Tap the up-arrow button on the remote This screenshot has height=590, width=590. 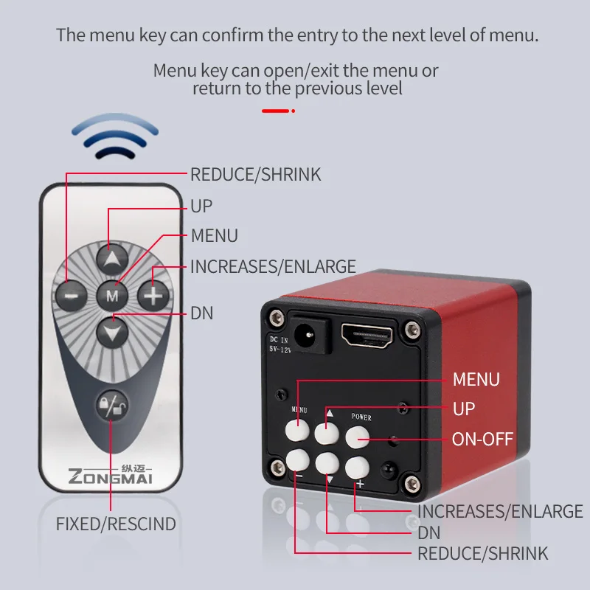112,260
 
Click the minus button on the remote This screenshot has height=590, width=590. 71,296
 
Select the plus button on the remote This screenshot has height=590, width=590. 153,296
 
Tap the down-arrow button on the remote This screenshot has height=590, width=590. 112,332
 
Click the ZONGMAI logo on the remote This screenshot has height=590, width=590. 110,475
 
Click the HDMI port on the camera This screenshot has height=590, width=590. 367,335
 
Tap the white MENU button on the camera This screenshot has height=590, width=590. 297,429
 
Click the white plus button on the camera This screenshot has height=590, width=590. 357,468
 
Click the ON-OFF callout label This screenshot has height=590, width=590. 482,439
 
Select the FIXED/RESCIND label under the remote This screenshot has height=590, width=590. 116,524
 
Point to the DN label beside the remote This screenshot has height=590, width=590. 202,313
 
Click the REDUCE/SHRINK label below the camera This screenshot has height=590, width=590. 483,554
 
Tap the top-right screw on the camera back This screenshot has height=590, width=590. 413,330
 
